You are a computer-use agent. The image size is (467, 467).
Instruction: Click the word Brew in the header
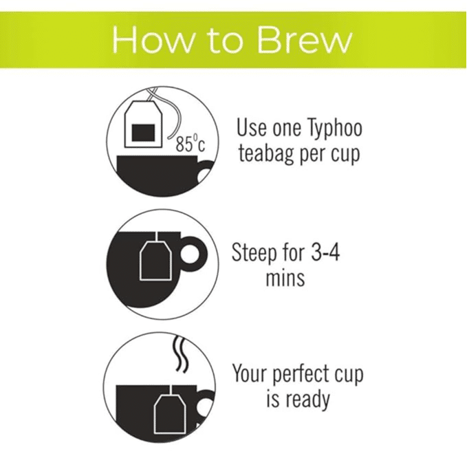[x=305, y=40]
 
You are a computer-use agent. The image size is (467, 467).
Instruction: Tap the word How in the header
[x=153, y=40]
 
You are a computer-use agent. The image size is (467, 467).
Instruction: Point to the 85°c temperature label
[x=191, y=143]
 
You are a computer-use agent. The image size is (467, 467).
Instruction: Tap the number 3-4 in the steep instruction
[x=325, y=252]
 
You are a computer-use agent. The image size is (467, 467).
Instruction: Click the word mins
[x=285, y=278]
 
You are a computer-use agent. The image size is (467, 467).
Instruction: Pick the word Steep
[x=254, y=253]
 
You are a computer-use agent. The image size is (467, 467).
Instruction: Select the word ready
[x=307, y=400]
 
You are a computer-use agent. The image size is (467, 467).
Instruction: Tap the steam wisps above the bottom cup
[x=181, y=354]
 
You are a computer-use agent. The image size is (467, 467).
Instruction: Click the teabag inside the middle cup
[x=155, y=261]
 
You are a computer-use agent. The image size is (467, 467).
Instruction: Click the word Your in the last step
[x=250, y=373]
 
